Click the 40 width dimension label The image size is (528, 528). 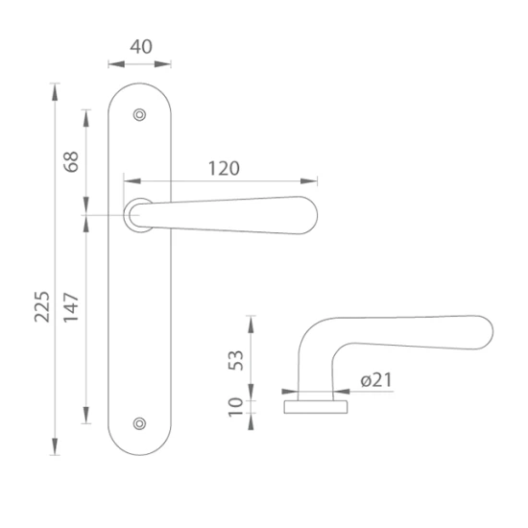pos(141,47)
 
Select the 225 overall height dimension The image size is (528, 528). pos(42,306)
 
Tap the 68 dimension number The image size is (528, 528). pos(71,162)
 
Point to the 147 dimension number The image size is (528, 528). pos(71,307)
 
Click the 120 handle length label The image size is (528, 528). pos(224,168)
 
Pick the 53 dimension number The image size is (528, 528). pos(236,360)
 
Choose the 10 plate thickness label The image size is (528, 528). pos(236,407)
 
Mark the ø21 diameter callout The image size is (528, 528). pos(376,380)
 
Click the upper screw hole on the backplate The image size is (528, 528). pos(139,115)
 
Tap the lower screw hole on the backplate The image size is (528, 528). pos(139,423)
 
